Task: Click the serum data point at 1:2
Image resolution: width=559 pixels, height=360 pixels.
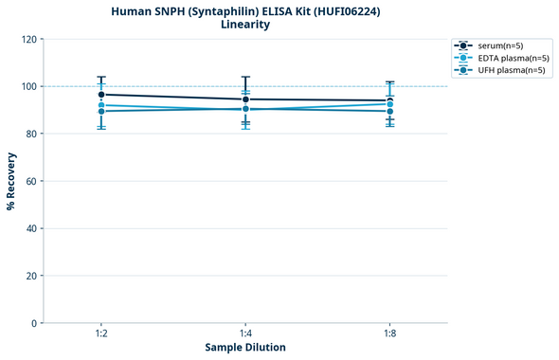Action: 101,95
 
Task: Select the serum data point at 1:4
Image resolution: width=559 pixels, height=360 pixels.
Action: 245,99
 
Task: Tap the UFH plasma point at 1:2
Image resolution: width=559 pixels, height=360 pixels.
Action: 101,112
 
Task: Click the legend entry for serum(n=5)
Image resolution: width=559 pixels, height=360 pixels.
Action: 499,45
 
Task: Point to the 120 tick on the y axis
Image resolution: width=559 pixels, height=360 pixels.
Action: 30,39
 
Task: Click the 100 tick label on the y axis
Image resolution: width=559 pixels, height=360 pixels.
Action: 30,86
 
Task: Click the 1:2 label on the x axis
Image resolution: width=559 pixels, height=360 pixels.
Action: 101,333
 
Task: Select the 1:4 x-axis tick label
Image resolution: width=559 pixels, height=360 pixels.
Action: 245,333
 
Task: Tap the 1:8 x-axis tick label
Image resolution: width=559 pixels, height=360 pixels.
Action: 389,333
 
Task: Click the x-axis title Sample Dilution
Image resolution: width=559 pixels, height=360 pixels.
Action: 245,348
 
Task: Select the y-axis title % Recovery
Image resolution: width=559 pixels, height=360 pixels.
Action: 11,181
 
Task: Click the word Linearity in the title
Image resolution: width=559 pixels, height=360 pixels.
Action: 245,25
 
